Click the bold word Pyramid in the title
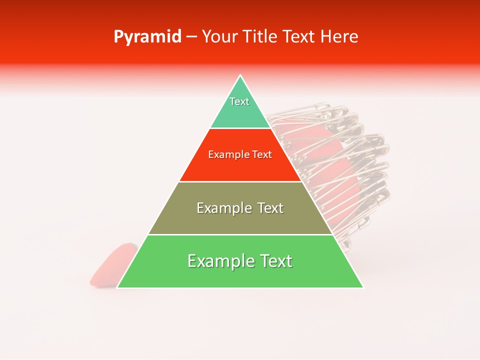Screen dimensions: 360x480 pyautogui.click(x=147, y=36)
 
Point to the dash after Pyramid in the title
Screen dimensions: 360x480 pyautogui.click(x=191, y=36)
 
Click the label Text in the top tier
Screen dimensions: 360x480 pyautogui.click(x=239, y=101)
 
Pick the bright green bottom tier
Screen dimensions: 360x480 pyautogui.click(x=240, y=275)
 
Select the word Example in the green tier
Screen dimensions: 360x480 pyautogui.click(x=218, y=261)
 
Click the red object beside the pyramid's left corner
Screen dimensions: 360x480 pyautogui.click(x=110, y=265)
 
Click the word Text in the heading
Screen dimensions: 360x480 pyautogui.click(x=299, y=36)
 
